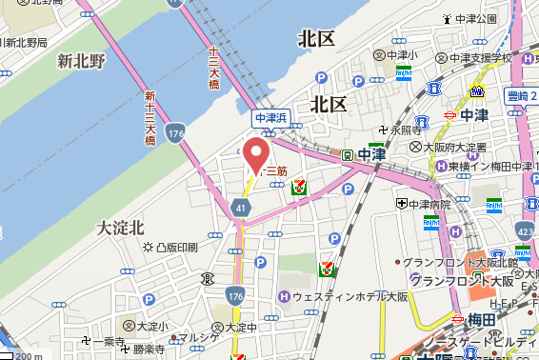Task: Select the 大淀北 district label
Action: (121, 228)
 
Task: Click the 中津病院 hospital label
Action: (424, 204)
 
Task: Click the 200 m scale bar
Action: (26, 355)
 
